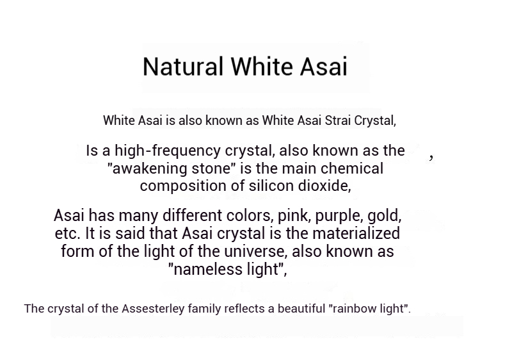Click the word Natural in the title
coord(183,67)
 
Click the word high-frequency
coord(168,151)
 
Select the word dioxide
coord(324,186)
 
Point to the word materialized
coord(356,233)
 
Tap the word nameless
coord(209,270)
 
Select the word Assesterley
coord(153,309)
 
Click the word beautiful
coord(301,308)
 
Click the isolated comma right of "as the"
coord(431,158)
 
